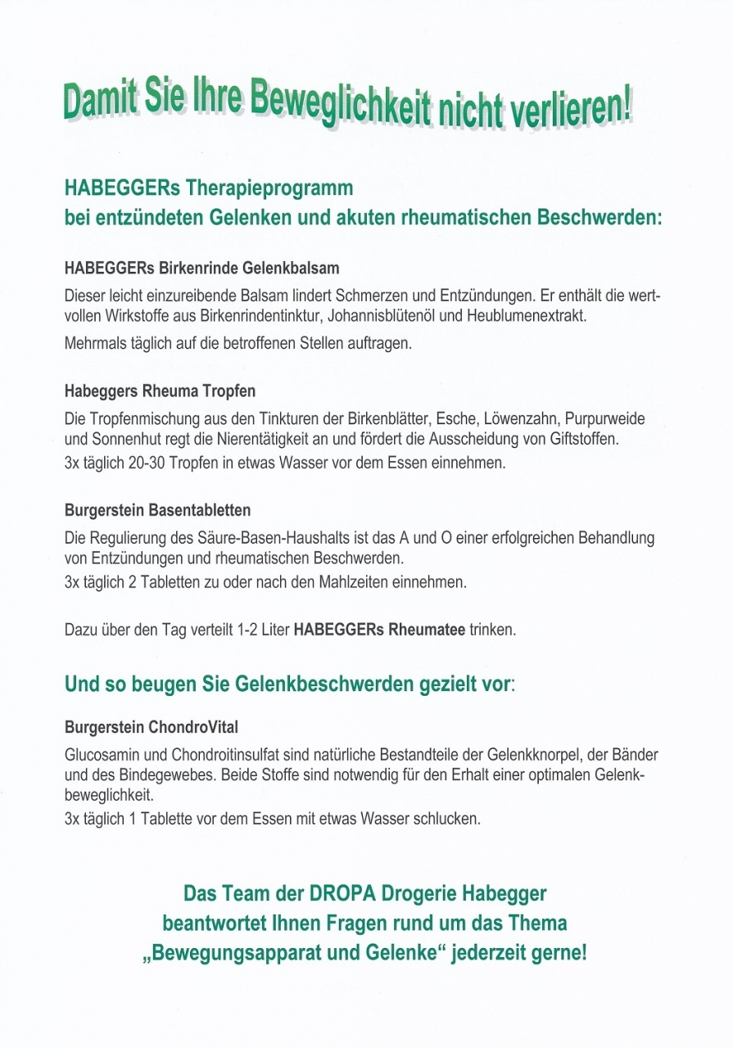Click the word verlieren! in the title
(572, 113)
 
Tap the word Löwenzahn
(505, 418)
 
